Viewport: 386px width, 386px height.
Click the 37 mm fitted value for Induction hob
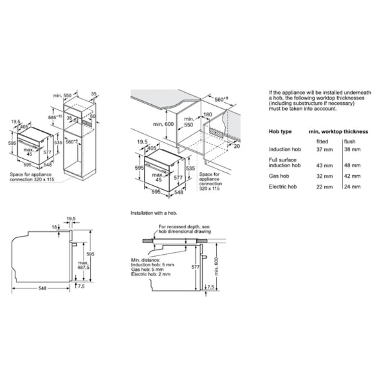[x=325, y=150]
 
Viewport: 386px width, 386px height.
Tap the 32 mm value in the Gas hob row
[x=325, y=177]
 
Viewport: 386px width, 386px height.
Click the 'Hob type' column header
[x=280, y=131]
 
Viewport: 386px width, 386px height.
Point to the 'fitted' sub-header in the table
[x=322, y=141]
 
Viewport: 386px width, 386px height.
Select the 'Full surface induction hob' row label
[x=285, y=162]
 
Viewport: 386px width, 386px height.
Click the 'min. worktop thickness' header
[x=338, y=131]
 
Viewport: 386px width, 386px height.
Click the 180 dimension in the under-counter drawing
[x=207, y=115]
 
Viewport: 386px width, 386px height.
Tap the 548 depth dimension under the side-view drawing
[x=42, y=288]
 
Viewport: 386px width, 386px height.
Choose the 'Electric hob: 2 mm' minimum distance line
[x=151, y=274]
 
